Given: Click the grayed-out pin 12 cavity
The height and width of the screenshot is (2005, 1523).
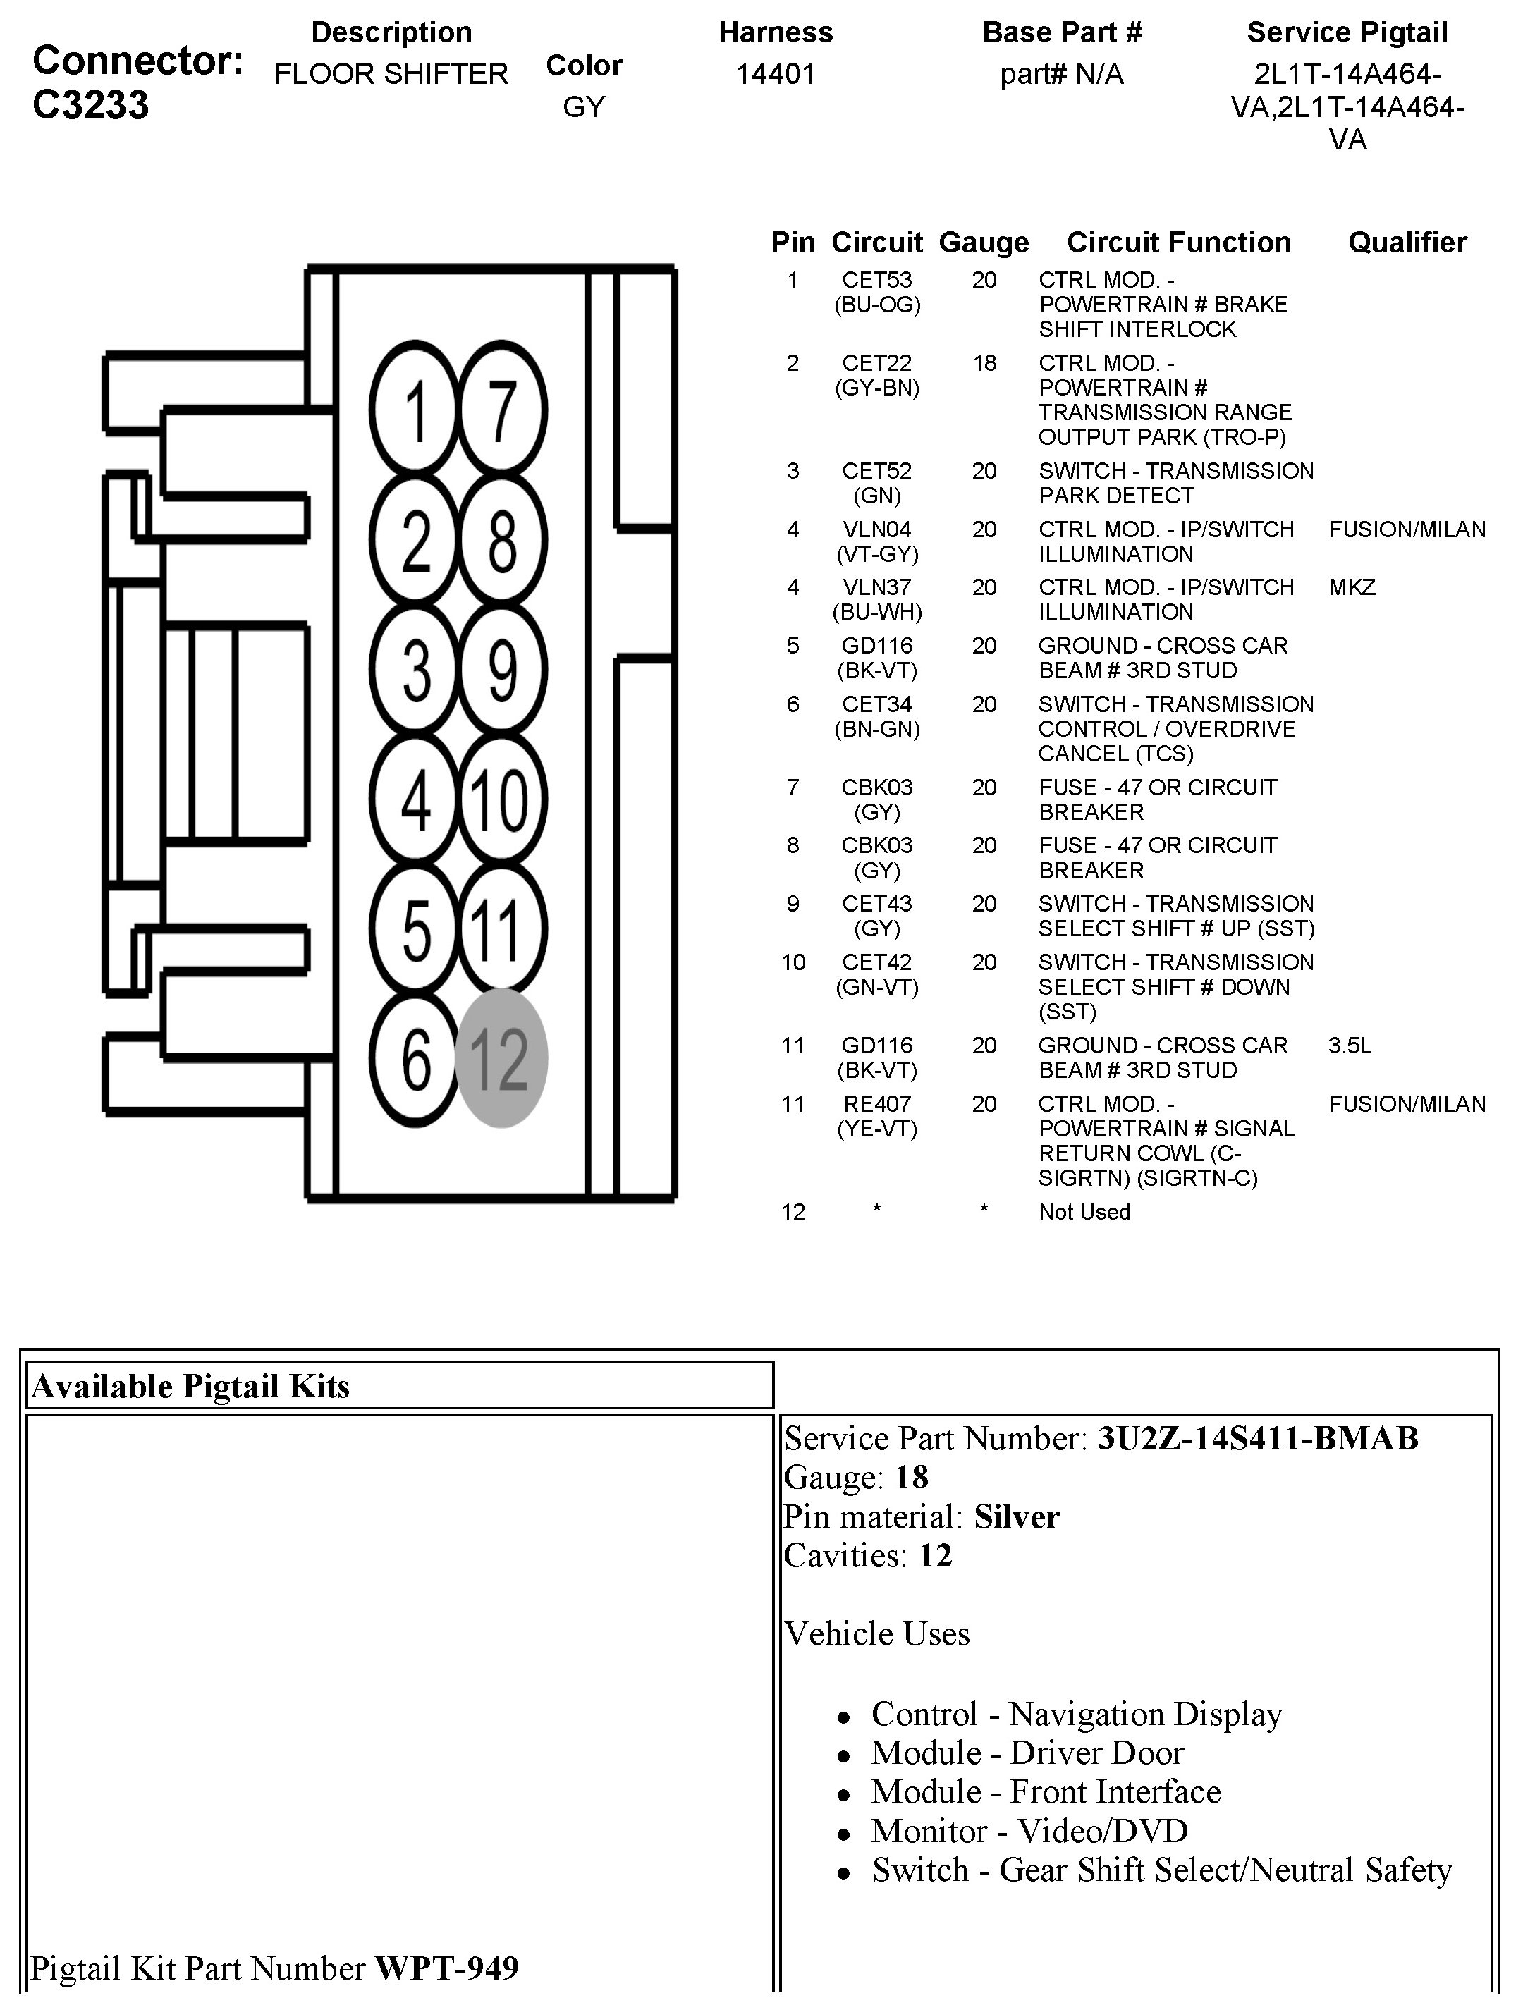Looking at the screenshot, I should [501, 1057].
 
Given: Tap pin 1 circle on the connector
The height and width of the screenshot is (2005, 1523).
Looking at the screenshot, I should [416, 410].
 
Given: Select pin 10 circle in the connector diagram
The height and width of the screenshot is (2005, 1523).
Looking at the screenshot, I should [501, 799].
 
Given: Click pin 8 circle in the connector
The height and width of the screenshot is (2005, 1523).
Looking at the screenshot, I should [501, 541].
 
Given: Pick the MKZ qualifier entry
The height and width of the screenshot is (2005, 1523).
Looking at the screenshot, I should [1352, 587].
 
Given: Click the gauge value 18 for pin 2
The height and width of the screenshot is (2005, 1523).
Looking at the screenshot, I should [984, 364].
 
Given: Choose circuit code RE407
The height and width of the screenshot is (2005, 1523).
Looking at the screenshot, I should [876, 1104].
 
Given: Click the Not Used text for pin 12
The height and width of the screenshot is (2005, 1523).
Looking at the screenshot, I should [1084, 1212].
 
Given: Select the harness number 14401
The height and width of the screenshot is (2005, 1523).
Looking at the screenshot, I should [775, 73].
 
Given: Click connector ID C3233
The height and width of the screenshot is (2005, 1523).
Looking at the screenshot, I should [91, 105].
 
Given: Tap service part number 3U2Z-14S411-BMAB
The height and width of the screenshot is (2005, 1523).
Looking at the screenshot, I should [1257, 1438].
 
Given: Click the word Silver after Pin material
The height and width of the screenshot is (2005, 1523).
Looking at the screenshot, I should [1016, 1517].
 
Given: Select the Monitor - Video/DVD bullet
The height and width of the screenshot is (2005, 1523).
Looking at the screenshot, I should [1029, 1831].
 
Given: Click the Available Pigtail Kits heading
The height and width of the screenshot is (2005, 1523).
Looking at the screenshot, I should [190, 1386].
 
